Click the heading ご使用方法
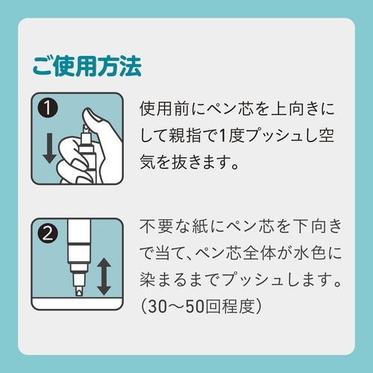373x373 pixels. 87,66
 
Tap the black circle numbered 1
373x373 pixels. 48,108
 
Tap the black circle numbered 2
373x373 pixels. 48,233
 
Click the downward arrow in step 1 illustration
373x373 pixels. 49,148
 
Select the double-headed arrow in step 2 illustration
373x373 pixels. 104,277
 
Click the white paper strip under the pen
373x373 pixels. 77,303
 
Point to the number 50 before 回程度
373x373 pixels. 196,307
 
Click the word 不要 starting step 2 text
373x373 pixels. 156,227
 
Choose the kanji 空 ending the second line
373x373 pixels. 326,136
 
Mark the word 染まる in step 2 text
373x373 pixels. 163,280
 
